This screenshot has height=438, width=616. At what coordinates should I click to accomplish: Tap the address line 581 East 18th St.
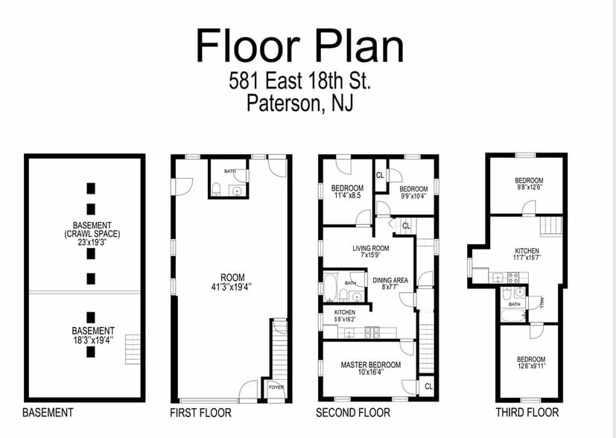[x=299, y=80]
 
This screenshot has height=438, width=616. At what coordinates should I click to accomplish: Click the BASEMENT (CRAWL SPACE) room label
[x=92, y=229]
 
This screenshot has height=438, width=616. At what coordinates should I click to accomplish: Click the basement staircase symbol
[x=132, y=348]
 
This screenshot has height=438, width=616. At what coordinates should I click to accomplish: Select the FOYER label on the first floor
[x=276, y=387]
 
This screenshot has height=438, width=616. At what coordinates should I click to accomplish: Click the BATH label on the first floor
[x=230, y=171]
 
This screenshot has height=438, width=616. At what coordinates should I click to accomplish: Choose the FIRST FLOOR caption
[x=200, y=413]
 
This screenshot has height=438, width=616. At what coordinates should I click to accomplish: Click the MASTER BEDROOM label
[x=371, y=365]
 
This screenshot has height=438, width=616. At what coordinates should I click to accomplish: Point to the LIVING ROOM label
[x=371, y=249]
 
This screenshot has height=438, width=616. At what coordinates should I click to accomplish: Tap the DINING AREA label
[x=390, y=280]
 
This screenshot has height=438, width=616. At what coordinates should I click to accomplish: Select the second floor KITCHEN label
[x=344, y=312]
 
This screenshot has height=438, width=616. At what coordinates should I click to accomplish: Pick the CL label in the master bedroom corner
[x=428, y=386]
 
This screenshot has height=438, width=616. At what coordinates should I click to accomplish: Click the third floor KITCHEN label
[x=527, y=251]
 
